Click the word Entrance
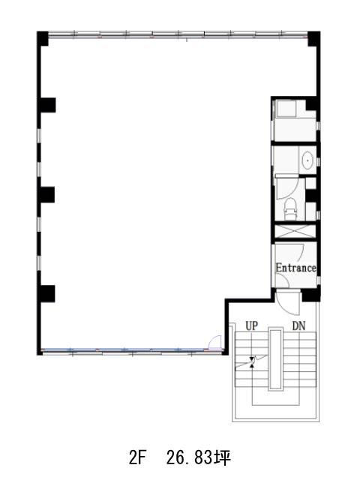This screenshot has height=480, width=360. pyautogui.click(x=295, y=268)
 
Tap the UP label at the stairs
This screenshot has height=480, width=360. pyautogui.click(x=252, y=326)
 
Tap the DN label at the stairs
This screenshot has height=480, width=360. pyautogui.click(x=298, y=326)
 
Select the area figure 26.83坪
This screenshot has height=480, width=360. pyautogui.click(x=199, y=458)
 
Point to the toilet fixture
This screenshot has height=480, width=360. pyautogui.click(x=290, y=208)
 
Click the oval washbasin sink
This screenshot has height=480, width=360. pyautogui.click(x=307, y=160)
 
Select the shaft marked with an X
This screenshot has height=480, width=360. pyautogui.click(x=295, y=231)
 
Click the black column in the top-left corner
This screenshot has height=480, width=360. pyautogui.click(x=43, y=38)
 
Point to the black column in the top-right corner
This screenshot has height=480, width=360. pyautogui.click(x=314, y=38)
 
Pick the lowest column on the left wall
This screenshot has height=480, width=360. pyautogui.click(x=46, y=293)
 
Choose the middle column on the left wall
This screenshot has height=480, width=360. pyautogui.click(x=46, y=195)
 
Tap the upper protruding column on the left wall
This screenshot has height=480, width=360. pyautogui.click(x=46, y=105)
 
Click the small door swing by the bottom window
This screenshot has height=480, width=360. pyautogui.click(x=214, y=342)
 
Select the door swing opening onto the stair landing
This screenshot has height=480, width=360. pyautogui.click(x=288, y=303)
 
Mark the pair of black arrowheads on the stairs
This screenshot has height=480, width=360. pyautogui.click(x=252, y=361)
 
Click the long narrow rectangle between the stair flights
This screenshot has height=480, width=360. pyautogui.click(x=275, y=358)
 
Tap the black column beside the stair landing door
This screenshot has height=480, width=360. pyautogui.click(x=311, y=295)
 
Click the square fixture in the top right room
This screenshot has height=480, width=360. pyautogui.click(x=286, y=109)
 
